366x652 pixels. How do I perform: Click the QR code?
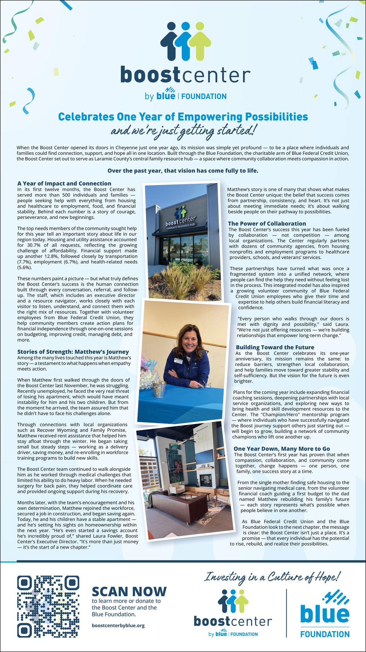48,606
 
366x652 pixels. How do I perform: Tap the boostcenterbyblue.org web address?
118,625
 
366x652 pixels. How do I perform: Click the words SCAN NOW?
129,592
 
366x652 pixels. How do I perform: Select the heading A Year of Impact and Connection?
64,183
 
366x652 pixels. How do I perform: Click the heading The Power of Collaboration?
267,223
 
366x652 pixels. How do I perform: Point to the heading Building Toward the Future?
275,347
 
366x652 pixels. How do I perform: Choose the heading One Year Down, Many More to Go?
282,448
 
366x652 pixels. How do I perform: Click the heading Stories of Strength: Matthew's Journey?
73,352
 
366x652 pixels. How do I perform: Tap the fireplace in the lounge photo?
205,478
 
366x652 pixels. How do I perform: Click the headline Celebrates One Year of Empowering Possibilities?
183,117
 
